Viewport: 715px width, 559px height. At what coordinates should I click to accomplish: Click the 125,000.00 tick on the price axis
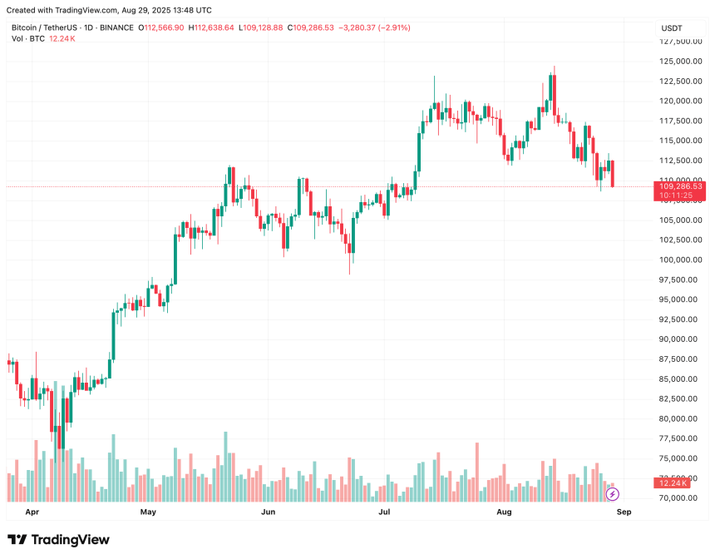point(678,62)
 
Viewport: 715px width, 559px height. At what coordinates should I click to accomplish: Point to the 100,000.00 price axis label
point(678,260)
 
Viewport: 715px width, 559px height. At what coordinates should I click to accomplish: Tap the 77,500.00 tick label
point(678,439)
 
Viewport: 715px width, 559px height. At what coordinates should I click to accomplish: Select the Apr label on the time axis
point(32,512)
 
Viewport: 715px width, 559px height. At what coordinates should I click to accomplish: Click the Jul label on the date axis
point(385,512)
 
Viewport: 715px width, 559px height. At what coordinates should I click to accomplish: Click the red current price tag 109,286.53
point(680,187)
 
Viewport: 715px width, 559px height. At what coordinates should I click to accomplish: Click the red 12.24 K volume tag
point(672,483)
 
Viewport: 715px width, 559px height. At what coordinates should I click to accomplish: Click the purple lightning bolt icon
point(613,494)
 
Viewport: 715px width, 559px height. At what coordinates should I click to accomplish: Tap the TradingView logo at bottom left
point(58,540)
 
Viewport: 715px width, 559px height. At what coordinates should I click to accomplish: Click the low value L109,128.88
point(261,27)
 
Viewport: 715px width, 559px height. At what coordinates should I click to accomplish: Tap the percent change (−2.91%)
point(393,27)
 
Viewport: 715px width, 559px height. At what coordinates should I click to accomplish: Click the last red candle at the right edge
point(614,174)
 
